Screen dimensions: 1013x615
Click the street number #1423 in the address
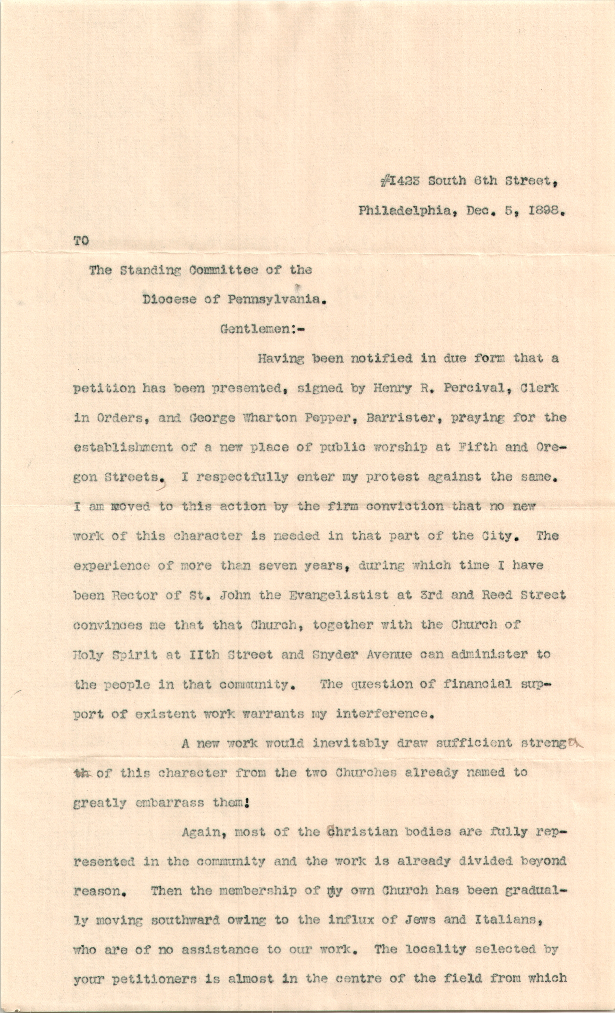400,181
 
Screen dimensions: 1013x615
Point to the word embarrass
169,803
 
